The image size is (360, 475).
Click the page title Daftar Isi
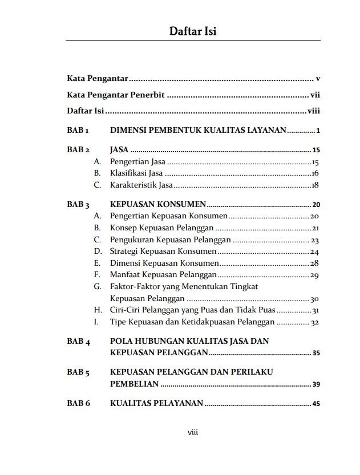pyautogui.click(x=192, y=31)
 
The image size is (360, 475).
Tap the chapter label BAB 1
pyautogui.click(x=78, y=131)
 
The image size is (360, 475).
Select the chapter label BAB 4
pyautogui.click(x=79, y=342)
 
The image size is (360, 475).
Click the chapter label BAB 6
pyautogui.click(x=79, y=404)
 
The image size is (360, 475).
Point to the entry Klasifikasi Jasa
pyautogui.click(x=136, y=173)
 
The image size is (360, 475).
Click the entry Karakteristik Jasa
pyautogui.click(x=141, y=185)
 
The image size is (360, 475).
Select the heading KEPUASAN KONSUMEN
pyautogui.click(x=157, y=204)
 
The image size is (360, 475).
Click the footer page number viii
pyautogui.click(x=193, y=433)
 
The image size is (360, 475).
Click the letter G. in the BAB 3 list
pyautogui.click(x=98, y=287)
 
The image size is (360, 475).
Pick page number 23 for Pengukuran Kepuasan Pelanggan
pyautogui.click(x=315, y=241)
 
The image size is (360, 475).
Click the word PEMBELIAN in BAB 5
pyautogui.click(x=134, y=384)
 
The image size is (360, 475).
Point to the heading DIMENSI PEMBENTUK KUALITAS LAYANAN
pyautogui.click(x=198, y=131)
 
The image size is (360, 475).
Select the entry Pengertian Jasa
pyautogui.click(x=137, y=162)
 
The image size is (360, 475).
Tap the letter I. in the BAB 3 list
pyautogui.click(x=96, y=322)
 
